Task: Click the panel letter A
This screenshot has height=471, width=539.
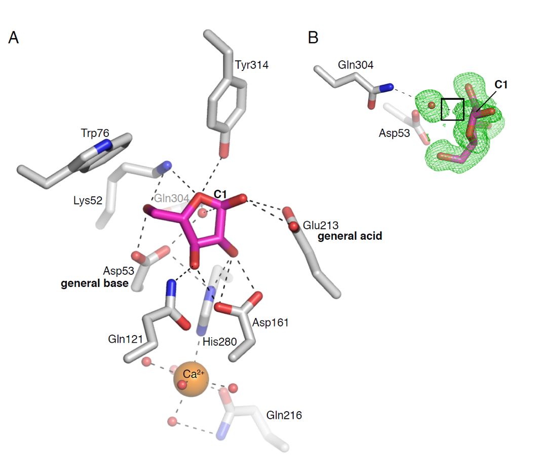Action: tap(14, 38)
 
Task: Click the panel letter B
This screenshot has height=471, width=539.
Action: tap(313, 38)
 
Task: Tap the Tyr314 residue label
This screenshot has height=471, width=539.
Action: tap(251, 65)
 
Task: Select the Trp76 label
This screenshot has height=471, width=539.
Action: tap(95, 133)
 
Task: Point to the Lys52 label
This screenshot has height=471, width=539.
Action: tap(88, 200)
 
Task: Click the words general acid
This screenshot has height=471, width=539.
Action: tap(350, 236)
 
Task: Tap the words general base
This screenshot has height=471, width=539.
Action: tap(94, 283)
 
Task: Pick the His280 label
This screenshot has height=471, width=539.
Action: tap(219, 342)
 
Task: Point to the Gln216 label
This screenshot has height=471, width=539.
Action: tap(284, 415)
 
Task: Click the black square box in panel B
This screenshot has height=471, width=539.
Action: tap(452, 109)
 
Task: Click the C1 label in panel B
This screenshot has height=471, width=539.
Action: tap(501, 85)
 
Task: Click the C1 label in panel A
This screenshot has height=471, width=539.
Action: tap(220, 194)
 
